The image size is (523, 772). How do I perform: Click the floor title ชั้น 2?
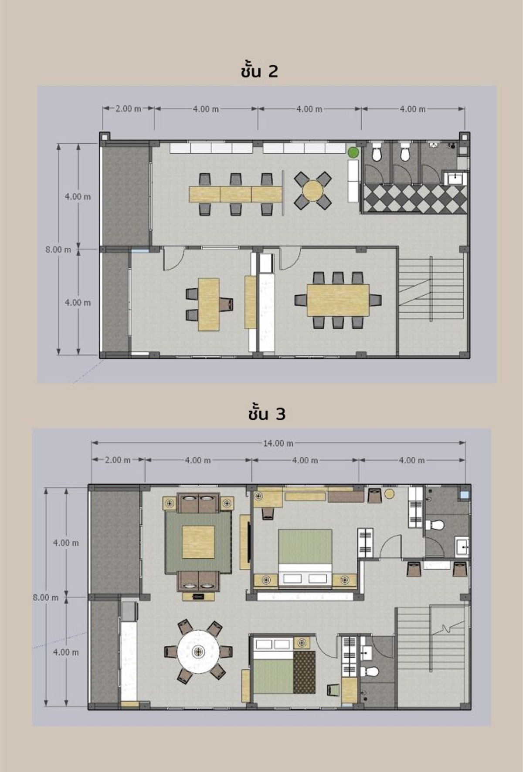(259, 71)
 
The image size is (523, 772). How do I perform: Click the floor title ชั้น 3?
(267, 414)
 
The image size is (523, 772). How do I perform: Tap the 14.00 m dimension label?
(278, 443)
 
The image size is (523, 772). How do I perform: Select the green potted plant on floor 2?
(353, 152)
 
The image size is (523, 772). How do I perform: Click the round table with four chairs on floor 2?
(313, 190)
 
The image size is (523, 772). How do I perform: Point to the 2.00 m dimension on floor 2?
(128, 108)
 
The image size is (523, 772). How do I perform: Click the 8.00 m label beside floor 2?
(58, 249)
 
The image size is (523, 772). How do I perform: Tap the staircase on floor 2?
(431, 289)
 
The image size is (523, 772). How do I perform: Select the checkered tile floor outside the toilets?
(415, 199)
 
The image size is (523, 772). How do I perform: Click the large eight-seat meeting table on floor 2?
(338, 300)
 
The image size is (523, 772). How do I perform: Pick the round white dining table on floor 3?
(199, 651)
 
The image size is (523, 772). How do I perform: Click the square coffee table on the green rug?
(198, 542)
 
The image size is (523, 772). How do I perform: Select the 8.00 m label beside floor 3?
(46, 597)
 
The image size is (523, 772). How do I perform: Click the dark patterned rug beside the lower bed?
(304, 672)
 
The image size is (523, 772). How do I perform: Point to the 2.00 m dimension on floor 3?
(118, 460)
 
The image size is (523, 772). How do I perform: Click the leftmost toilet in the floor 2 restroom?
(377, 152)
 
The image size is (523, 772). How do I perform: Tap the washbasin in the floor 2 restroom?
(456, 179)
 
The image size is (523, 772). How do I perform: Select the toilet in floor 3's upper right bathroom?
(435, 525)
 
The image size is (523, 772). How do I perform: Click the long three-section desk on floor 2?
(236, 194)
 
